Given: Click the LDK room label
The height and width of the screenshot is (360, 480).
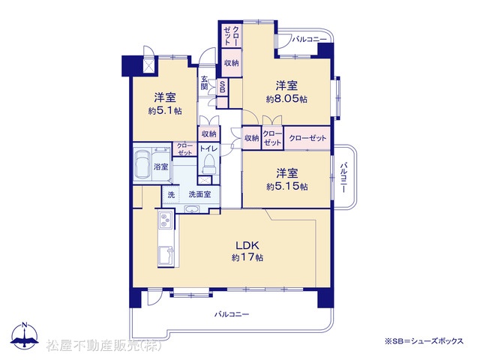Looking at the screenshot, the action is pos(247,245).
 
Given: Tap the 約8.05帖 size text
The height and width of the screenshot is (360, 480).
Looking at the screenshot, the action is pos(286,99).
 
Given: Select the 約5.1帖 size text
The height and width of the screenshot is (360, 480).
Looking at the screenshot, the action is pos(165,111).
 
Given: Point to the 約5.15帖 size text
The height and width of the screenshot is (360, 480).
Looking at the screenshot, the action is pos(286,187).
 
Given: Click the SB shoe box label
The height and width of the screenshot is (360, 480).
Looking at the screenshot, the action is pos(223,86).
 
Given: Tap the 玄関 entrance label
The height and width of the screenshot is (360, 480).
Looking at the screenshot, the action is pos(204,82).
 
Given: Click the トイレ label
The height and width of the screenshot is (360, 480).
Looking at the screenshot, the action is pos(208,149).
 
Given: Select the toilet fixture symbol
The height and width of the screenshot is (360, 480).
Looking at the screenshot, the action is pos(208,164).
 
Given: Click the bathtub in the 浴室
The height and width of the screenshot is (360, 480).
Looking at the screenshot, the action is pos(144,165).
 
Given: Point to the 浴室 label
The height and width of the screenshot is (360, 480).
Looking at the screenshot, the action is pos(161,166).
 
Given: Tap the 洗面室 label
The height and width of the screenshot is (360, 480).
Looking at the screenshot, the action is pos(199,194).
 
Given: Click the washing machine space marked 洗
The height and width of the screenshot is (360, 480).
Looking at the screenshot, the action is pos(171,194).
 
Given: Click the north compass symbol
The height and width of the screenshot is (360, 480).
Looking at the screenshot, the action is pos(25,335).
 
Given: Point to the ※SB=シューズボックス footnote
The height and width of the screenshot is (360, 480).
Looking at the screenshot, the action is pos(424,340).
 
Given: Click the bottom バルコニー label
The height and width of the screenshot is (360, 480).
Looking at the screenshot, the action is pos(232,314).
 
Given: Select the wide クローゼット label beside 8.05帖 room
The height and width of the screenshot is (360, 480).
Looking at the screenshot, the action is pos(307,138).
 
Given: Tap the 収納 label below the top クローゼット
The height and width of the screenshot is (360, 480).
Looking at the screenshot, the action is pos(232,63).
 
